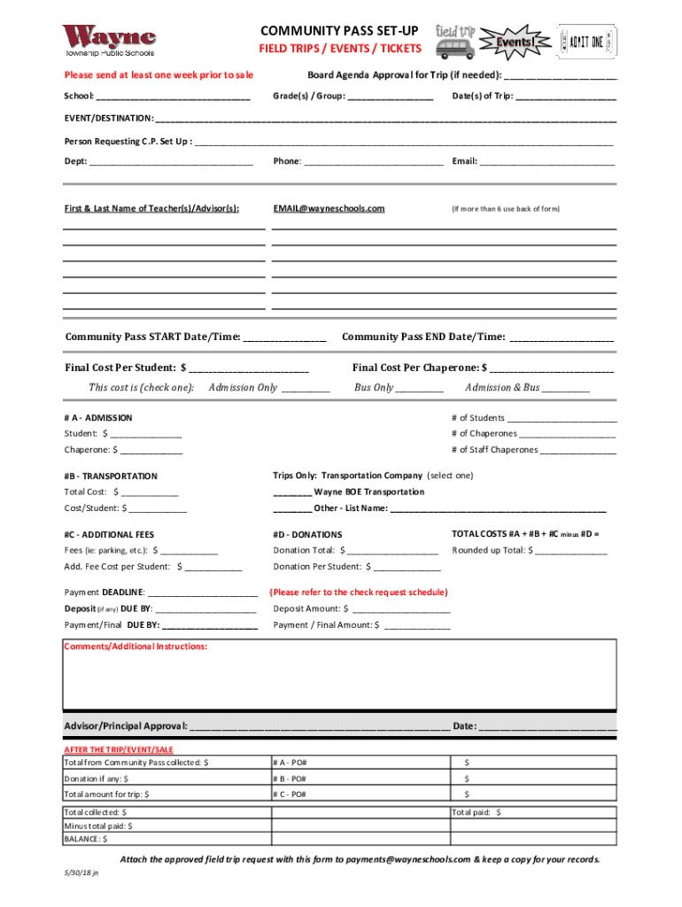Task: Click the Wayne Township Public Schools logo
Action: (109, 40)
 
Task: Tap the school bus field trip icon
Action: (454, 41)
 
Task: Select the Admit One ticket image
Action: (585, 41)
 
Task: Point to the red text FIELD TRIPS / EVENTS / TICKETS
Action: (340, 48)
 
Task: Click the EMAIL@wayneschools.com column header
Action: (329, 208)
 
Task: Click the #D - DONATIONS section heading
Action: (307, 535)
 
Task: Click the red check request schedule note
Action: (359, 592)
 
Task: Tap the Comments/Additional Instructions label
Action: (136, 647)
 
